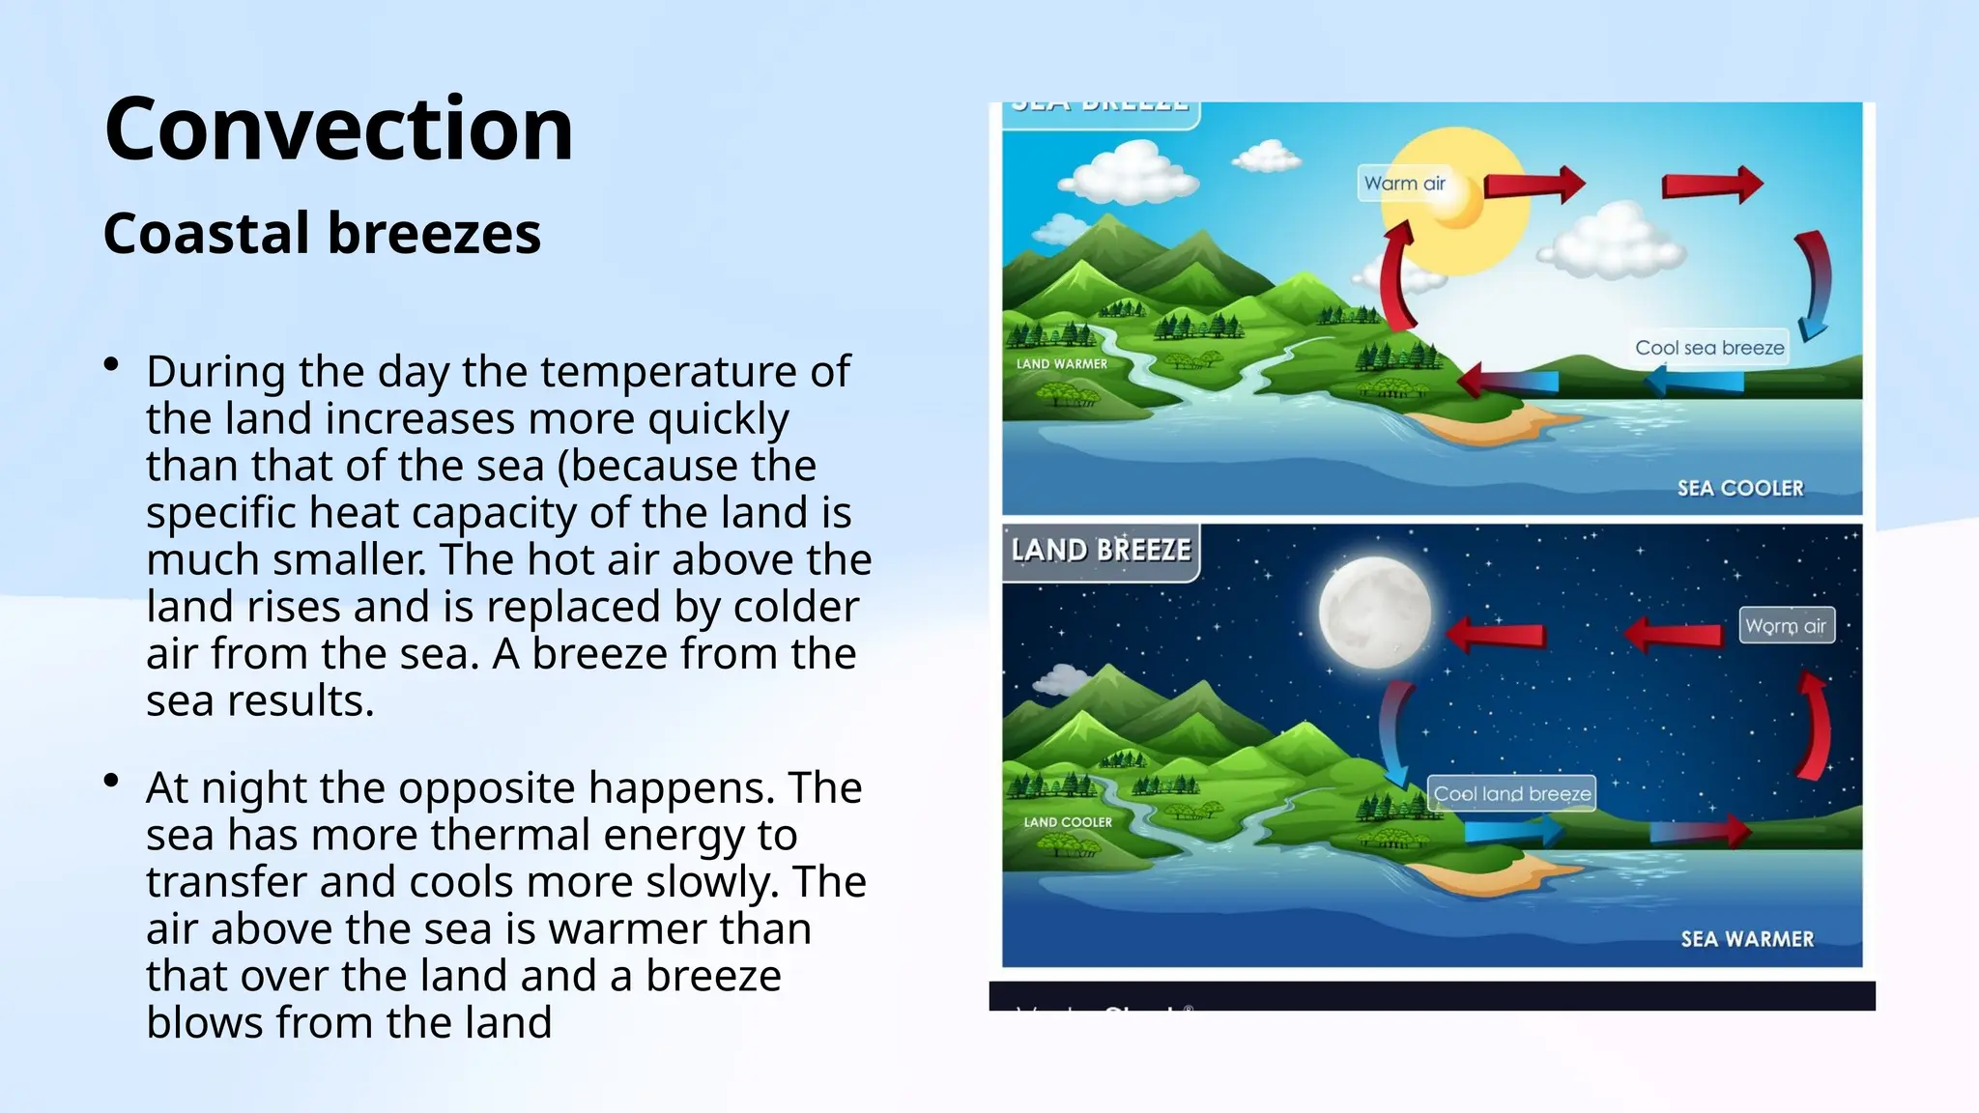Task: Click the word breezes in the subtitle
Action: click(x=434, y=234)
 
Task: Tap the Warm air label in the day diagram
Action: click(x=1404, y=184)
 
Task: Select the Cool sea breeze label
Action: click(x=1708, y=348)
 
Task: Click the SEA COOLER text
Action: click(x=1739, y=488)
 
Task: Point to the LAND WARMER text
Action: click(x=1061, y=364)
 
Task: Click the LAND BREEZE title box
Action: click(x=1101, y=551)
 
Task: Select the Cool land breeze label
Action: click(x=1511, y=794)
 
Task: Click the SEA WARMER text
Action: click(x=1746, y=939)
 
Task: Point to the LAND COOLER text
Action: click(x=1067, y=822)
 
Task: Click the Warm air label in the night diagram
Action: click(x=1785, y=626)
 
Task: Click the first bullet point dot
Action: click(x=112, y=365)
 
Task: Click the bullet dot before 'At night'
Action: click(x=112, y=781)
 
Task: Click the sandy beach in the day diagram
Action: click(x=1488, y=425)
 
